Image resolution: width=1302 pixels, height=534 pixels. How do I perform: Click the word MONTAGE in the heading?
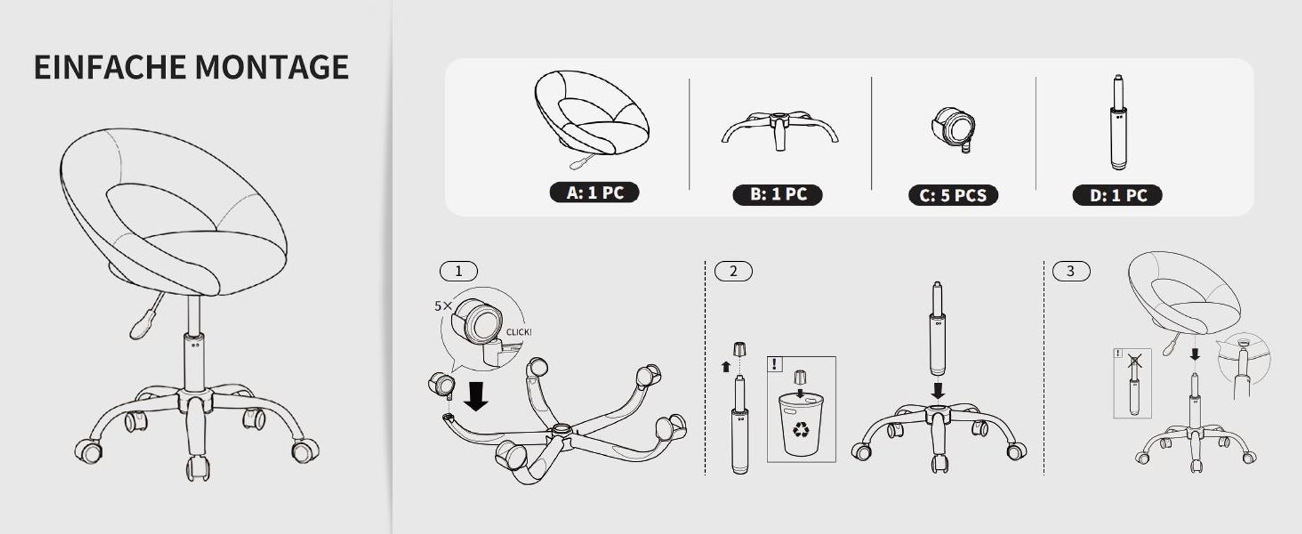271,67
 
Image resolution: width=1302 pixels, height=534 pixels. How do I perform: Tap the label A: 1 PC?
594,193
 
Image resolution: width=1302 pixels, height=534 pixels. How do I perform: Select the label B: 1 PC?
778,195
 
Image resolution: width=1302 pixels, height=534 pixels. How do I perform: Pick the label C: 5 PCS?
953,195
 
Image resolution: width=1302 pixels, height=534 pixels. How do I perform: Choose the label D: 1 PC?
1117,195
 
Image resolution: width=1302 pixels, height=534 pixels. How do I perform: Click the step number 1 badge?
459,271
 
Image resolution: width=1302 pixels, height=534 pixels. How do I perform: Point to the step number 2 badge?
734,271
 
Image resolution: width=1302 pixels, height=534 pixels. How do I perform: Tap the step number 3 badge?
1071,271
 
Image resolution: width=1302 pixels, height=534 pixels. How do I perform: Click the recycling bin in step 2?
801,425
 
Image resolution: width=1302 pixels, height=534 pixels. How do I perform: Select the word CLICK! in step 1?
519,332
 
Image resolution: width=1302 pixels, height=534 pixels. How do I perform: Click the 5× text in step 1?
443,305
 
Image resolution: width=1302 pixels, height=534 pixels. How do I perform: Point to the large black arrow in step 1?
476,396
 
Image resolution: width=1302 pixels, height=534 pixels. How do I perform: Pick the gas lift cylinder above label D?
1118,122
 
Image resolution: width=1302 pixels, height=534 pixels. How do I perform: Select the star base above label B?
780,130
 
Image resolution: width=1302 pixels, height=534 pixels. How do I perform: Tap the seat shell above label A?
592,113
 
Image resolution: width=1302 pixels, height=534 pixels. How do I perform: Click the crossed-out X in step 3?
1135,360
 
